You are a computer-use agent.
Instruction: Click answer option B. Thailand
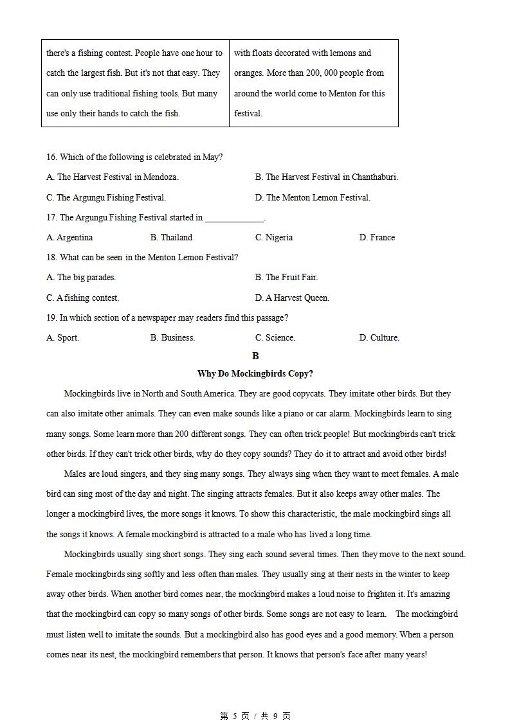[x=171, y=238]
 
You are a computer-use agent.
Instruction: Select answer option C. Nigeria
[x=273, y=238]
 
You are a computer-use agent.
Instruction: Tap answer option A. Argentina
[x=69, y=238]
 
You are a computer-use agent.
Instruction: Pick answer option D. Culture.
[x=379, y=338]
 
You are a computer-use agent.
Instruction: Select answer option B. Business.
[x=172, y=338]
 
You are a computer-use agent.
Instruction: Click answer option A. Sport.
[x=62, y=338]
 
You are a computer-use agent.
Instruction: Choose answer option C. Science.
[x=275, y=338]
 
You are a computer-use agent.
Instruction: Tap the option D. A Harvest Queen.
[x=292, y=298]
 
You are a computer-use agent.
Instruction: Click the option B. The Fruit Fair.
[x=286, y=278]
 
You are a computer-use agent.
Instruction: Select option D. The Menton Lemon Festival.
[x=313, y=198]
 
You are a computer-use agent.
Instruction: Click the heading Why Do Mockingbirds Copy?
[x=255, y=374]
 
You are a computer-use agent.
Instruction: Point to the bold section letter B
[x=255, y=356]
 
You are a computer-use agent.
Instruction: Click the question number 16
[x=51, y=157]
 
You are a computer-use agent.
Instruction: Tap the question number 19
[x=51, y=318]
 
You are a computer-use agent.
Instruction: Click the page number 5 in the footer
[x=235, y=716]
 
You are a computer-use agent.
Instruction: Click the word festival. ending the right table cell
[x=248, y=114]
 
